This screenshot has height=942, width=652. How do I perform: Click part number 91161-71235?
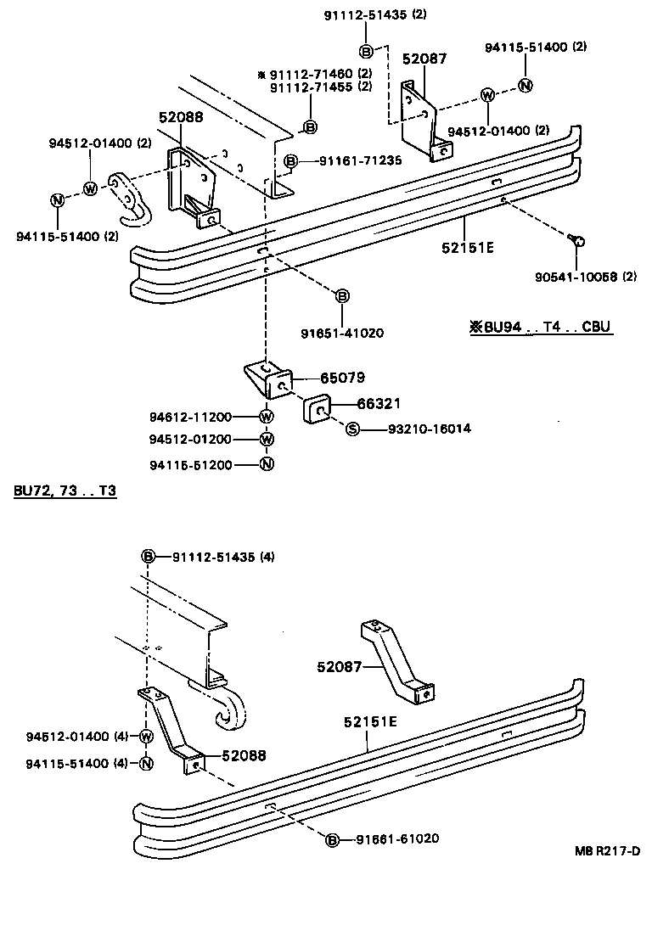(361, 160)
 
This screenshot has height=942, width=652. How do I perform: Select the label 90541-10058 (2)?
(593, 277)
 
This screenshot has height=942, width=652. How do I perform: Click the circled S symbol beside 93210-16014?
(352, 429)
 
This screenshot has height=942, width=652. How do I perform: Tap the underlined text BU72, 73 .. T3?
(65, 493)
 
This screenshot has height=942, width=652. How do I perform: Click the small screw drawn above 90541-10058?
(576, 241)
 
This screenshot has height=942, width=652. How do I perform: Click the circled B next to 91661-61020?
(333, 839)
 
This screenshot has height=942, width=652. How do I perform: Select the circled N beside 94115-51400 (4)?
(145, 763)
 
